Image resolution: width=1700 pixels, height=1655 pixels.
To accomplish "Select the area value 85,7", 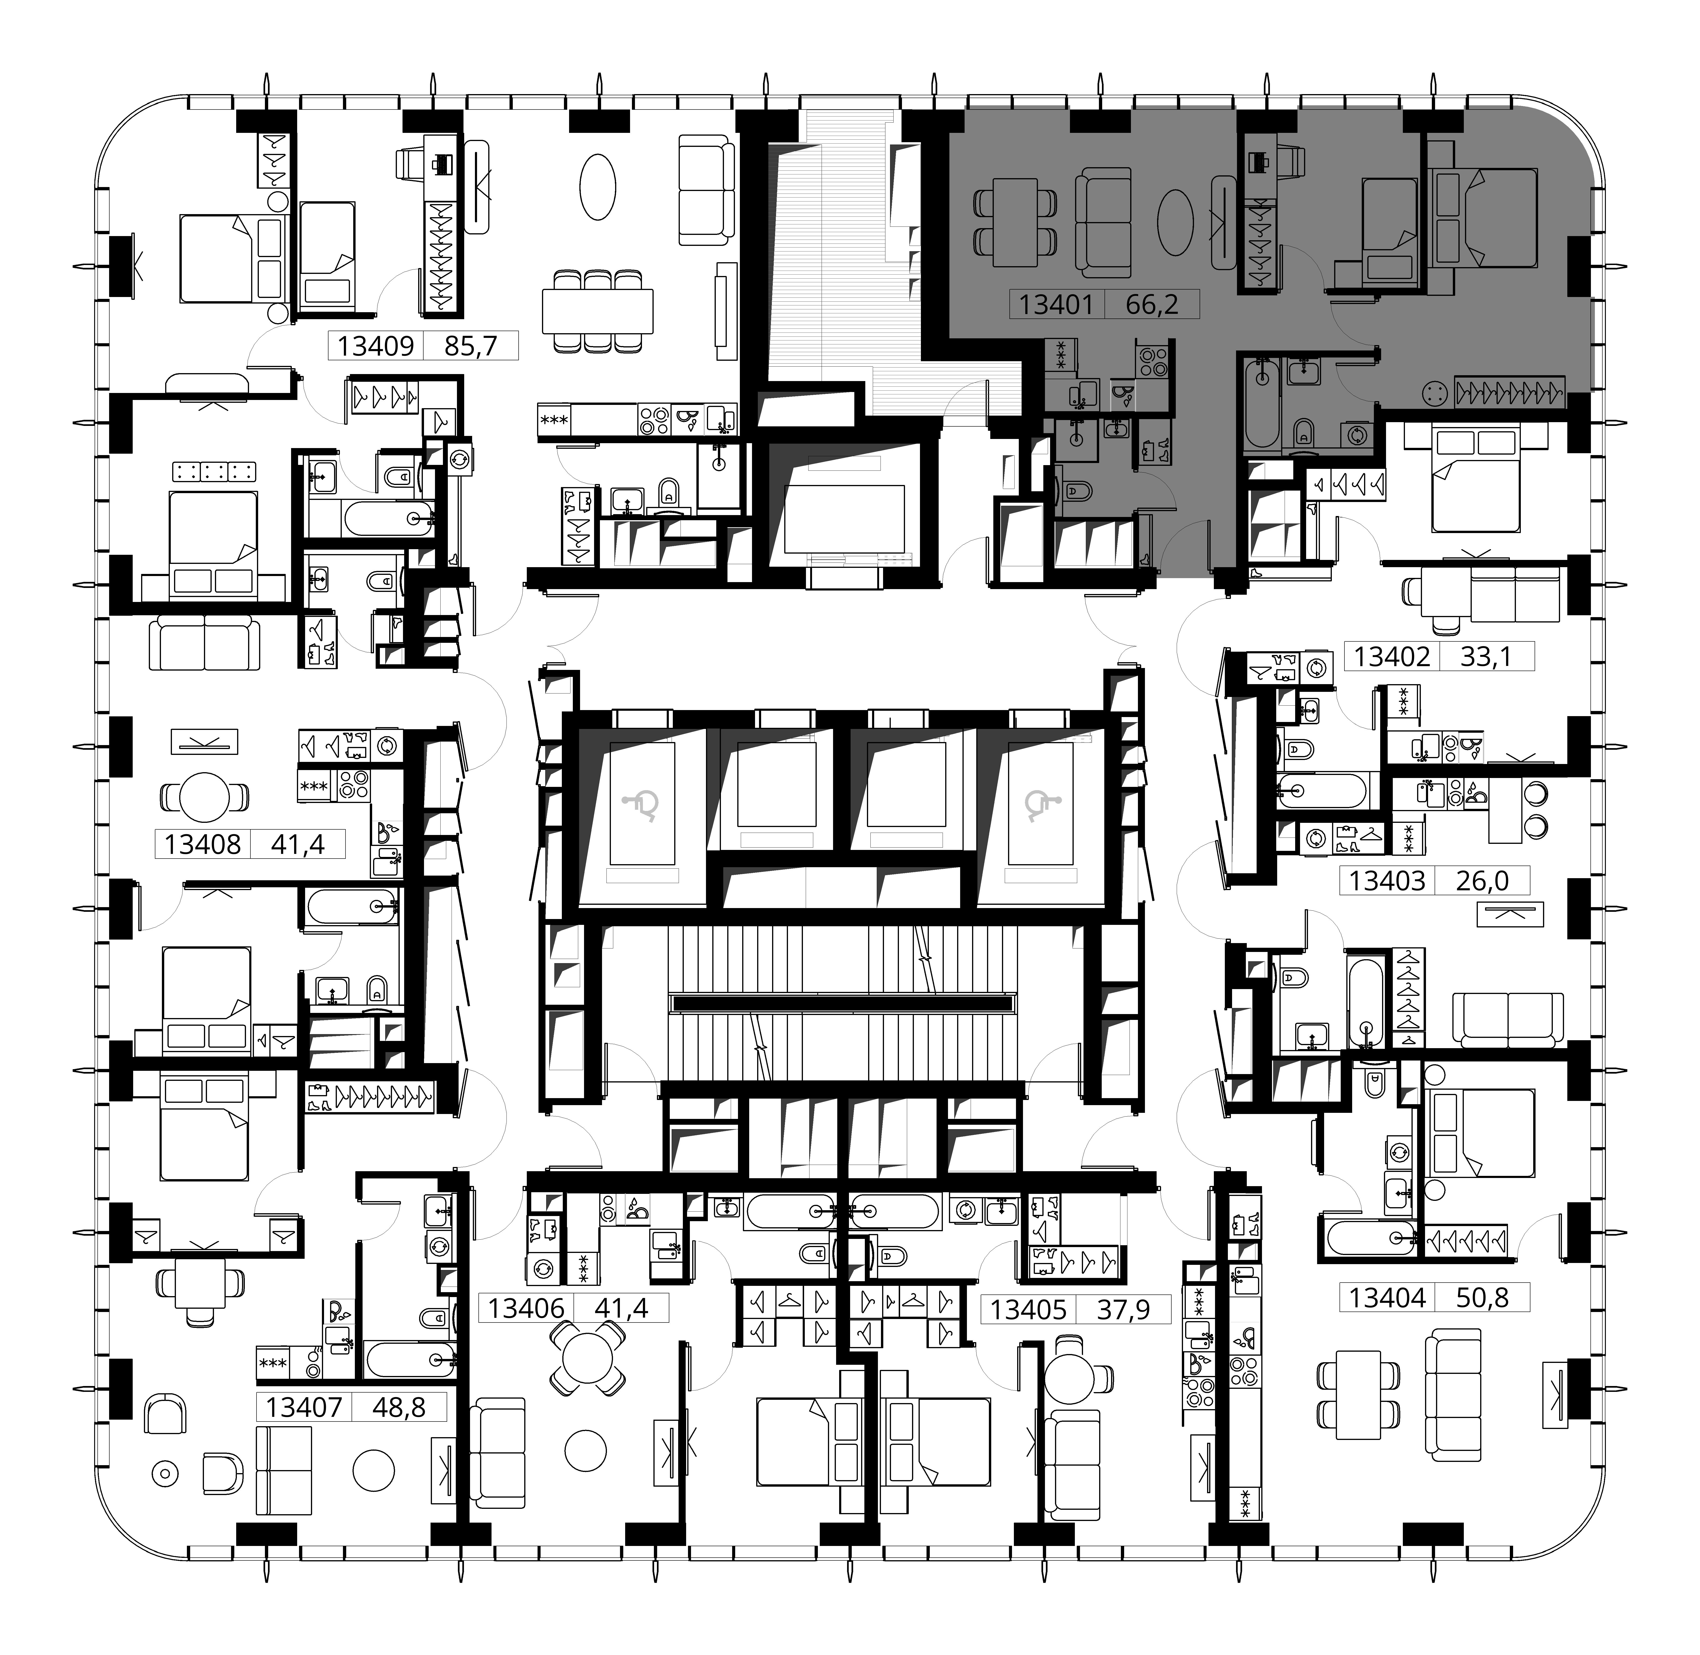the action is point(470,346).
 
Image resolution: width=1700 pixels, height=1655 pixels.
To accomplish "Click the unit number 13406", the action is point(526,1308).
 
